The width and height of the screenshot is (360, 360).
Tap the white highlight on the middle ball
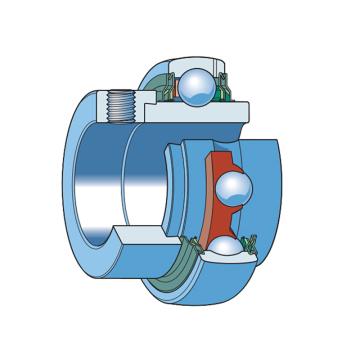[x=228, y=180]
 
